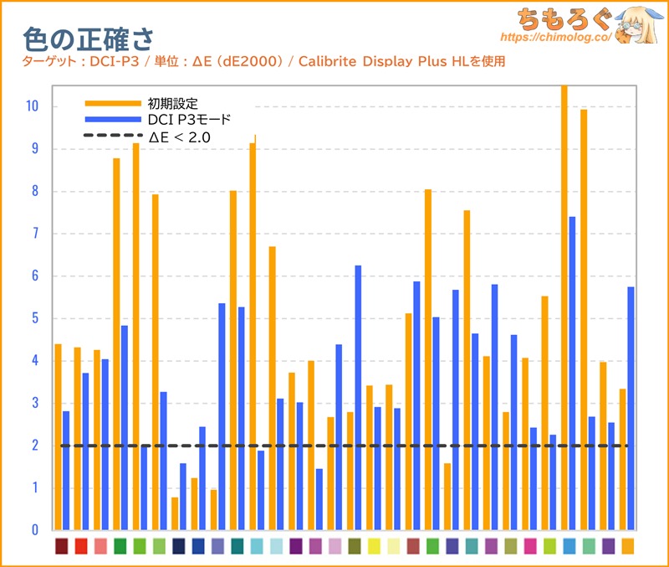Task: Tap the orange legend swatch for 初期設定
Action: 113,103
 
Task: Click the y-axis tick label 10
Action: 31,106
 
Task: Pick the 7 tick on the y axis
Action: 33,234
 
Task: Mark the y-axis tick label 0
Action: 33,530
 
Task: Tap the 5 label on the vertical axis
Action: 33,318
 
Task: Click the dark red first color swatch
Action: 62,546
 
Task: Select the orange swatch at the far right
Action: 627,546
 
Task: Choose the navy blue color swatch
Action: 179,546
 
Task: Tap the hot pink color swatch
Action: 530,546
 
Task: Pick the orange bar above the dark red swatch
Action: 59,436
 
